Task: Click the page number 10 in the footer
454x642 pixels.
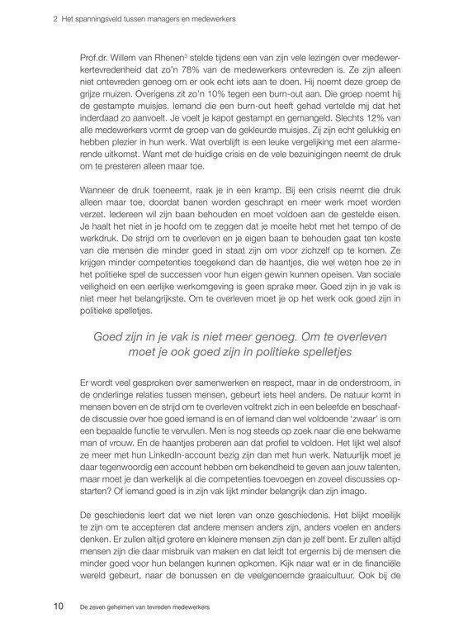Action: coord(59,606)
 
